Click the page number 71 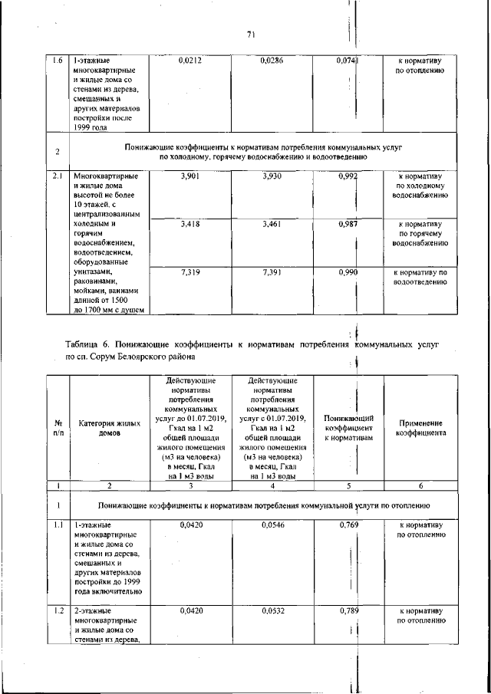pyautogui.click(x=250, y=34)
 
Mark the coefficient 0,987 pyautogui.click(x=348, y=225)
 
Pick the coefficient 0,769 pyautogui.click(x=348, y=525)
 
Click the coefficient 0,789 pyautogui.click(x=348, y=611)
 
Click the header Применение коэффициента pyautogui.click(x=420, y=427)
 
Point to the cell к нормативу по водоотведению pyautogui.click(x=420, y=277)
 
